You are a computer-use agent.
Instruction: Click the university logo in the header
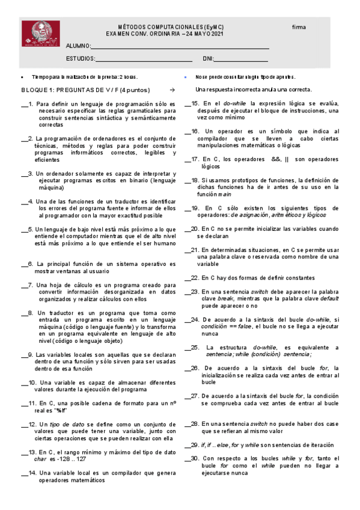40,34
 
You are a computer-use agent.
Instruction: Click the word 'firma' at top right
299,28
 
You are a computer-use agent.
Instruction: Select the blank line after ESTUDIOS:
144,60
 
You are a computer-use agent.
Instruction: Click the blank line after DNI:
241,60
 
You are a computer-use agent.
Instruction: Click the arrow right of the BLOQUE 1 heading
172,90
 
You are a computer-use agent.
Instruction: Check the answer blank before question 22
188,278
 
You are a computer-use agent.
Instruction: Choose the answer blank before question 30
188,459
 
